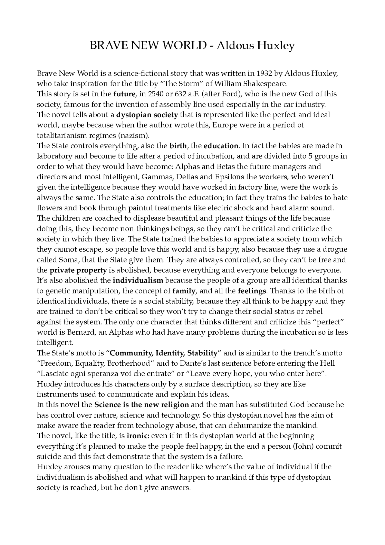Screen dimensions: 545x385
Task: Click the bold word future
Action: pyautogui.click(x=124, y=94)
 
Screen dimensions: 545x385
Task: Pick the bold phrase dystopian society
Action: pyautogui.click(x=147, y=115)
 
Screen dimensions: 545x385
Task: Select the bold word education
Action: pyautogui.click(x=221, y=146)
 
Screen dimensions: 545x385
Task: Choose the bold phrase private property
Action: pyautogui.click(x=78, y=270)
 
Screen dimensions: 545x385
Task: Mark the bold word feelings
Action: pyautogui.click(x=252, y=291)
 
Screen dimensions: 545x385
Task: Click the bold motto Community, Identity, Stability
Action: pyautogui.click(x=164, y=353)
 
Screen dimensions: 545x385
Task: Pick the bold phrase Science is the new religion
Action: pyautogui.click(x=142, y=405)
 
